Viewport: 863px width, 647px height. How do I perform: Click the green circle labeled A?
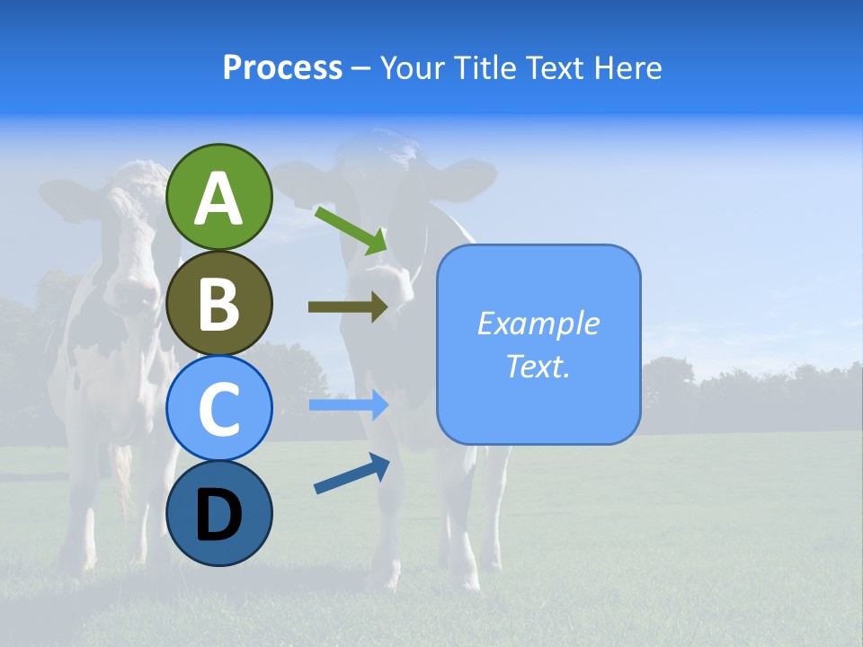coord(219,197)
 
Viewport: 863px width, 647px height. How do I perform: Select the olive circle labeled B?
coord(219,303)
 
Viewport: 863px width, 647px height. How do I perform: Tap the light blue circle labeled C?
coord(219,408)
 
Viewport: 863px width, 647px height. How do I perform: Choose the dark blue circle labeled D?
coord(219,514)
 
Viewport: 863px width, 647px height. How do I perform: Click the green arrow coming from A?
coord(351,229)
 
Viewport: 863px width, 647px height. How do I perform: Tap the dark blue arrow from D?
coord(351,474)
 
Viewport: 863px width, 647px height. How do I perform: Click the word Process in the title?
coord(282,67)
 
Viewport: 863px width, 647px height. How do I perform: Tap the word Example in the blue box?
coord(538,323)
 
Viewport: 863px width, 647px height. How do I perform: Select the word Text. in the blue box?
coord(538,366)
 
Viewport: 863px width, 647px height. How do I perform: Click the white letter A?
coord(219,199)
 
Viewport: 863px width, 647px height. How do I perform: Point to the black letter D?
coord(219,515)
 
